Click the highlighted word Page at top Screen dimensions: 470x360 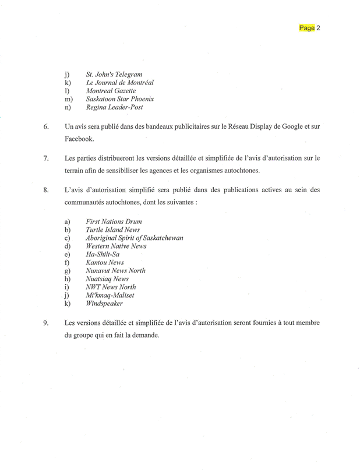pos(307,27)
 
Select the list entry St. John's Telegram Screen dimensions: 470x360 pos(114,75)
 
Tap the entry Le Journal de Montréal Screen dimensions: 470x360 pos(120,83)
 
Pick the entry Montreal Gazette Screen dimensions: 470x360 pos(111,91)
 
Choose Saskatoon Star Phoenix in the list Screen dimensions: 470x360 pos(120,99)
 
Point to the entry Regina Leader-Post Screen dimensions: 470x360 pos(114,107)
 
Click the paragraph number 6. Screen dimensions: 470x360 pos(46,126)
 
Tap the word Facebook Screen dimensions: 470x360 pos(79,139)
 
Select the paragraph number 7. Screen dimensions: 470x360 pos(46,158)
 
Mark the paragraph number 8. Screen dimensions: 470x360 pos(46,190)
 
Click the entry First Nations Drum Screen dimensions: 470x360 pos(114,221)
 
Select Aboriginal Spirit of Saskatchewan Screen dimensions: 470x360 pos(135,238)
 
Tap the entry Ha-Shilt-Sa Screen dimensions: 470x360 pos(103,254)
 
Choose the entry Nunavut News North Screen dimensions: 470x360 pos(115,270)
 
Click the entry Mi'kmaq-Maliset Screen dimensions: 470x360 pos(110,295)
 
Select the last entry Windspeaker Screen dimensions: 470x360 pos(104,303)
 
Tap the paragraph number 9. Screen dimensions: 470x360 pos(46,323)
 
